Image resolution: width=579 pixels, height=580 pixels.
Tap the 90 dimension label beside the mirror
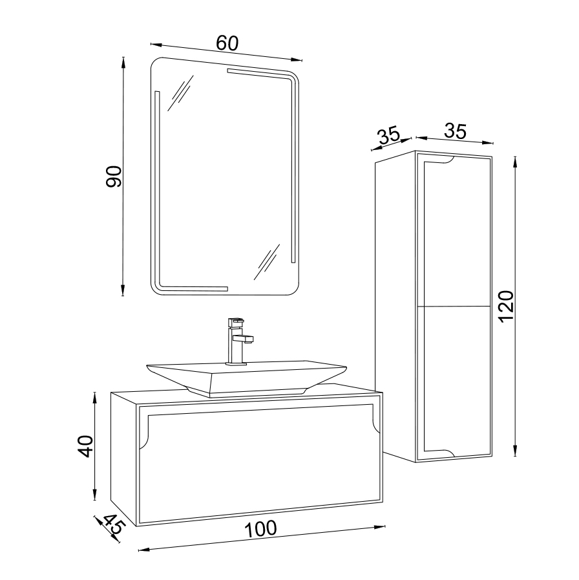(114, 177)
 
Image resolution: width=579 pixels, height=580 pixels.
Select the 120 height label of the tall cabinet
(507, 306)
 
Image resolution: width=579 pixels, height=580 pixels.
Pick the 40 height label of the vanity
(86, 446)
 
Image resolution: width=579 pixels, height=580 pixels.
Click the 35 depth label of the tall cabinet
(388, 135)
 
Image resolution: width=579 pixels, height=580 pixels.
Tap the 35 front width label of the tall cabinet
(455, 131)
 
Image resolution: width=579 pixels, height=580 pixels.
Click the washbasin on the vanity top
(247, 378)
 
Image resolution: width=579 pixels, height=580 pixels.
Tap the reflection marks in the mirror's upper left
(180, 93)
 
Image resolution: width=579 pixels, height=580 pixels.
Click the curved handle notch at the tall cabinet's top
(447, 161)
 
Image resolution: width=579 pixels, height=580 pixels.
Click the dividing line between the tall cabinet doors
(454, 306)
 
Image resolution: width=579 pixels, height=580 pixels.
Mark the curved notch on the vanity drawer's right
(377, 424)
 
